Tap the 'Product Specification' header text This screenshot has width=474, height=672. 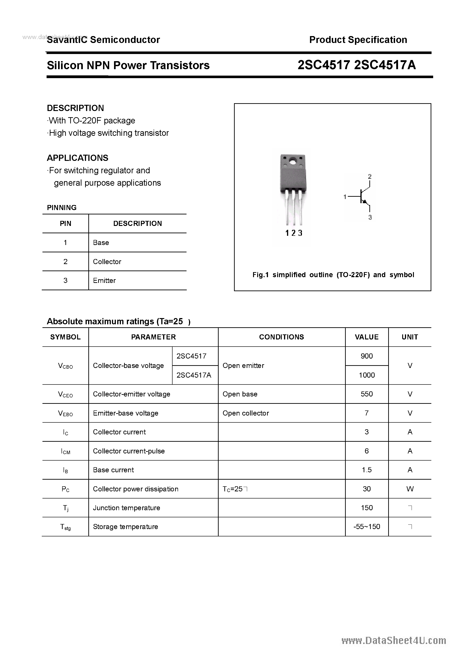pos(358,40)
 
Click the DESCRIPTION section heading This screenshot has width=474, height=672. pos(75,108)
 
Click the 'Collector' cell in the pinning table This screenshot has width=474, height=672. pos(107,262)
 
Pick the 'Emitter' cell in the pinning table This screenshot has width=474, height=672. pos(104,281)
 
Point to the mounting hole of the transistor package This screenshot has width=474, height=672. pos(293,161)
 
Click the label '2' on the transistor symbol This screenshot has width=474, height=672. pos(370,177)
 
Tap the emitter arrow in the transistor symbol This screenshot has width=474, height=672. pos(364,202)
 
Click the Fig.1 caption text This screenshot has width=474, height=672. pos(333,275)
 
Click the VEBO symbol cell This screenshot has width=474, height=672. pos(65,413)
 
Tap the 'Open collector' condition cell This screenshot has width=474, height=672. pos(246,413)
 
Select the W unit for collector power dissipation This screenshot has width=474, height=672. pos(410,489)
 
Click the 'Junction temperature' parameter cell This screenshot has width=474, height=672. pos(127,508)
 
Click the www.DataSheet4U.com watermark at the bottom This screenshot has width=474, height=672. pos(394,641)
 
